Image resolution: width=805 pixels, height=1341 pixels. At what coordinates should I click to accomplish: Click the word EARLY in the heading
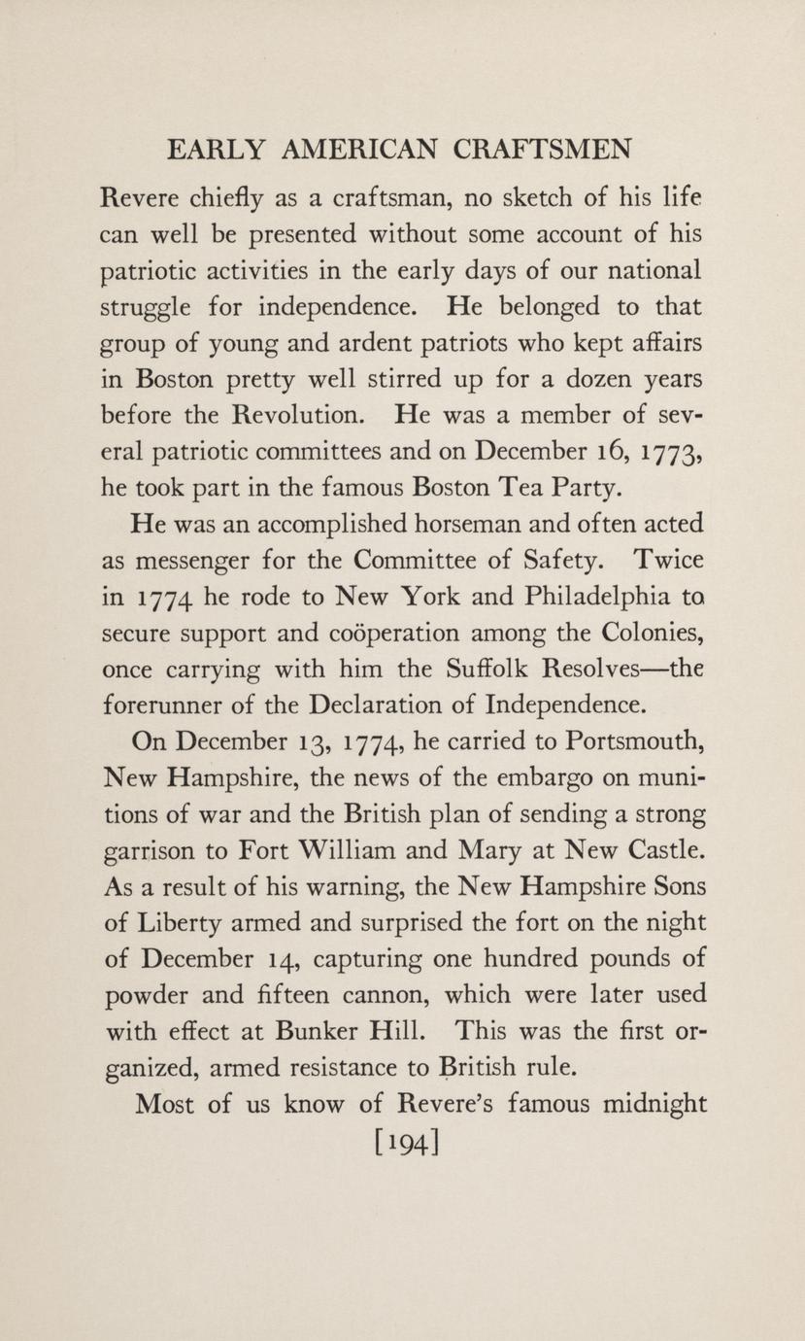click(x=216, y=150)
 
